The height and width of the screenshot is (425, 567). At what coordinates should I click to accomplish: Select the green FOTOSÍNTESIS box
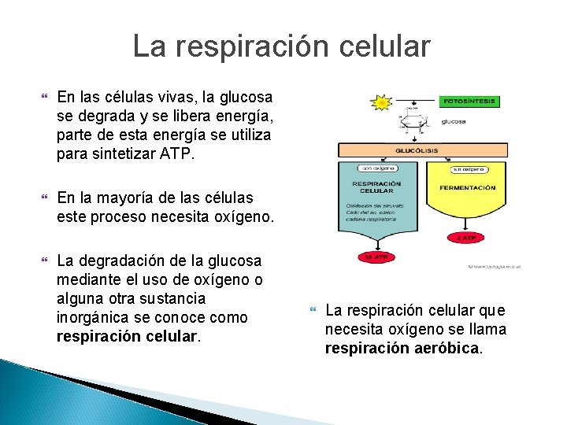[x=470, y=102]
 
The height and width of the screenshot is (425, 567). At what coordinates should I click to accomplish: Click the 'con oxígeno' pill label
[x=377, y=168]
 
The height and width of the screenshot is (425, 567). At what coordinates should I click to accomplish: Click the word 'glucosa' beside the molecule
[x=454, y=121]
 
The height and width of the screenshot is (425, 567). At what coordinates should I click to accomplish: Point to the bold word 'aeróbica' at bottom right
[x=448, y=348]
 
